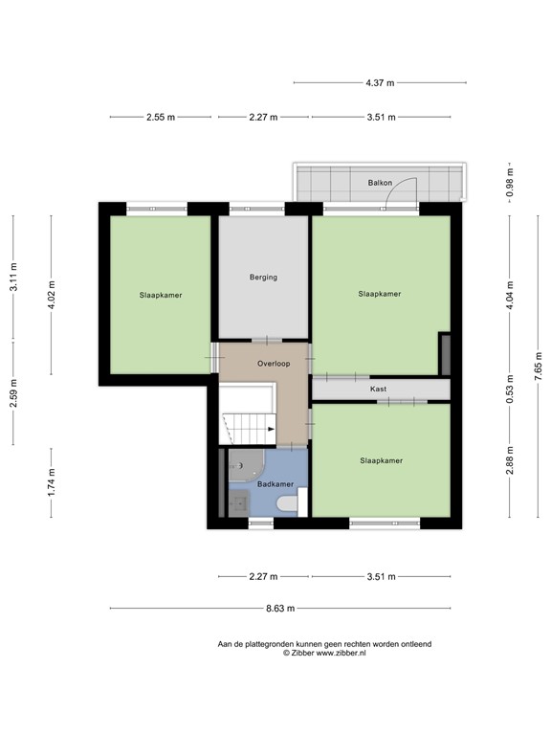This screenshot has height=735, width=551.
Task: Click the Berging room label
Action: coord(263,278)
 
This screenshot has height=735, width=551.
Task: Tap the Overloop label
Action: coord(273,365)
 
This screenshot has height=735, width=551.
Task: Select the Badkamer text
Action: coord(261,485)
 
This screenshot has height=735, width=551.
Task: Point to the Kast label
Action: coord(379,390)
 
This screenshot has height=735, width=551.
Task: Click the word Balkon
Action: coord(380,182)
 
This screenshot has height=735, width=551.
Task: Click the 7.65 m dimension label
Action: coord(539,366)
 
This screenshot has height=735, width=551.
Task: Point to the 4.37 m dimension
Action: coord(381,83)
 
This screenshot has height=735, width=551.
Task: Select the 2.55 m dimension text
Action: coord(161,118)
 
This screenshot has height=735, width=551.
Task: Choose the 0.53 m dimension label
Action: coord(509,390)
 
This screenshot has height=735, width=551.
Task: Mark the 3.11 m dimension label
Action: coord(13,278)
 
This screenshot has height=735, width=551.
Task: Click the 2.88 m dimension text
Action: coord(509,460)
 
